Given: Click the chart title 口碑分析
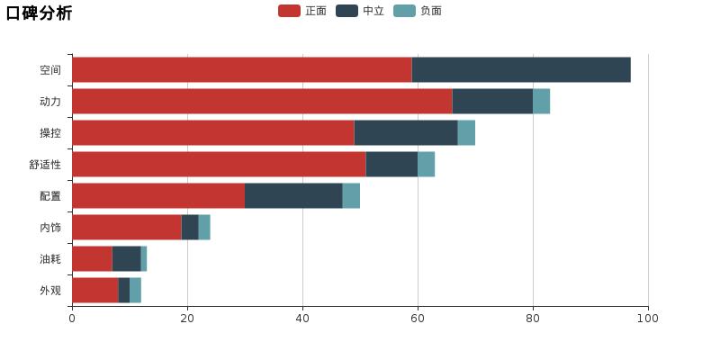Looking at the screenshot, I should (39, 13).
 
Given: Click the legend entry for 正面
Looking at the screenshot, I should (302, 11).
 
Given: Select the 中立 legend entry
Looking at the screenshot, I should (360, 11).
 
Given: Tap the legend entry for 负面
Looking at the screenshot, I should (418, 11).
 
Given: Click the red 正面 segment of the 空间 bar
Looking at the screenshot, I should (241, 69).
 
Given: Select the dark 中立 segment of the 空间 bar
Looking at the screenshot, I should (521, 69).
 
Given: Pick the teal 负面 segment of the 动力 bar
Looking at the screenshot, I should (541, 101).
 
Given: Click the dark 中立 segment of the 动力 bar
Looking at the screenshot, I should (492, 101).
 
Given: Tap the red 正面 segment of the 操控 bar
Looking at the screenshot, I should (212, 132).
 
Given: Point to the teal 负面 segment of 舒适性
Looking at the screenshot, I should (426, 164).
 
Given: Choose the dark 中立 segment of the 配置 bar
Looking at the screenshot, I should (293, 195).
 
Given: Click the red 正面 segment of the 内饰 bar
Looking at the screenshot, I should (126, 227).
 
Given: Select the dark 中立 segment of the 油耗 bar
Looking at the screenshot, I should (126, 258).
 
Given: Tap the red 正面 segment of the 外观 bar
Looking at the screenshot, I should (94, 290).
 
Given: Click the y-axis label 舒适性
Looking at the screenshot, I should (45, 165).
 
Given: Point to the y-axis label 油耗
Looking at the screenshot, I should (50, 259).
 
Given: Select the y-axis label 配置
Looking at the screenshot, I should (50, 196).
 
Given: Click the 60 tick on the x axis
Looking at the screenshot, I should (418, 318).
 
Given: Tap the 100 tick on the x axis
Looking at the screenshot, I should (648, 318).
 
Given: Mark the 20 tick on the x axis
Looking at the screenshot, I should (187, 318).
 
